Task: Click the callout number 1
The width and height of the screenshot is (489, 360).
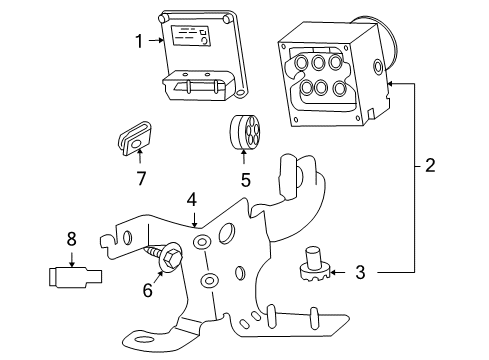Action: (x=139, y=41)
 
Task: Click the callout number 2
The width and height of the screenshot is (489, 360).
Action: (x=429, y=165)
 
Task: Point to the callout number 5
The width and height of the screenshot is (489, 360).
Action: (x=245, y=181)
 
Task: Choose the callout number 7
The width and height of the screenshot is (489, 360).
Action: (x=140, y=180)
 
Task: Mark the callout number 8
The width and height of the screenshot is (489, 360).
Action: (x=70, y=239)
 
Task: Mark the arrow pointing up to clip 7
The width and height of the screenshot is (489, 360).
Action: (x=140, y=158)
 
